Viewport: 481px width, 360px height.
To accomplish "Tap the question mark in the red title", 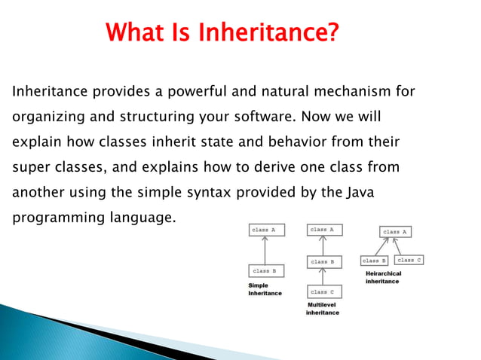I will click(332, 33).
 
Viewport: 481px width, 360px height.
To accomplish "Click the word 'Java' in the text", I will click(360, 192).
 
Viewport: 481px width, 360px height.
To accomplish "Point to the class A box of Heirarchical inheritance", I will click(397, 231).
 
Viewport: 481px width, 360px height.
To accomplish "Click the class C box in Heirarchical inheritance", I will click(409, 260).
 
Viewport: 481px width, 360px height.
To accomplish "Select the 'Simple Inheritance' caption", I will click(265, 289).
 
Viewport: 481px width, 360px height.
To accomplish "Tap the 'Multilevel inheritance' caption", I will click(323, 308).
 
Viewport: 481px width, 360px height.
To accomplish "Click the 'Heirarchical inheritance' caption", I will click(383, 276).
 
